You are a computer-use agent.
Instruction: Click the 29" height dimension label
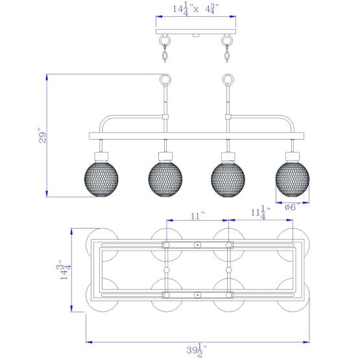pos(43,138)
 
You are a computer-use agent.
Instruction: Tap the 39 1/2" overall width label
pos(197,350)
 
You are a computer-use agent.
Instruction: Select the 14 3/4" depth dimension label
pos(64,270)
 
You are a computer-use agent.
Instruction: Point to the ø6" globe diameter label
pos(293,207)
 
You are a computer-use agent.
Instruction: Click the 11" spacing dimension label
pos(198,216)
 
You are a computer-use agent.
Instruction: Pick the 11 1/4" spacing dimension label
pos(260,213)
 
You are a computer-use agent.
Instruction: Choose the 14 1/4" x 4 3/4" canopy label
pos(196,10)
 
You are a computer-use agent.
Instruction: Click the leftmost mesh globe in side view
pos(101,180)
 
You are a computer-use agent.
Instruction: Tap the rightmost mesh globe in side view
pos(293,180)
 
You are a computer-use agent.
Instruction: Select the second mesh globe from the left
pos(165,180)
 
